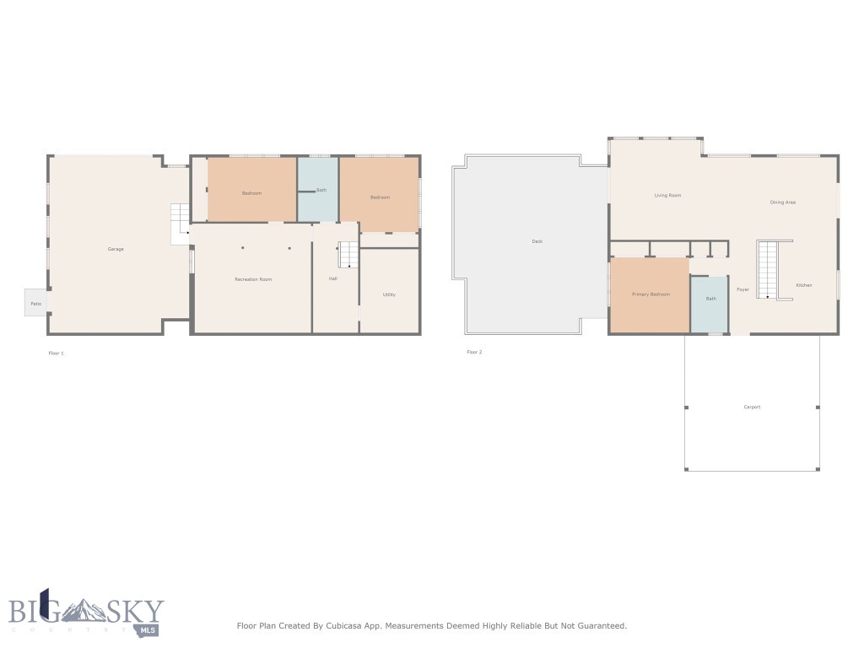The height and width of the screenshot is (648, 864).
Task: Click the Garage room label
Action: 116,249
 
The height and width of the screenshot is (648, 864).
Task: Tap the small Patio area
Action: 36,303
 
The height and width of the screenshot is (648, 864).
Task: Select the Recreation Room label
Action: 253,279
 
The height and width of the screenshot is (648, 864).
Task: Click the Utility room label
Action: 389,294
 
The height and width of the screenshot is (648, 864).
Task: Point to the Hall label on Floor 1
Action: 333,278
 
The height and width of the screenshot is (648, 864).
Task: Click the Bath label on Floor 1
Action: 321,190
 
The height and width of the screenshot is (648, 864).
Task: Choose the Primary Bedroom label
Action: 651,294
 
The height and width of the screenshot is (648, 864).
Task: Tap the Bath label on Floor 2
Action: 711,299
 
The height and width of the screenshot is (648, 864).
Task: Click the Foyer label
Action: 742,289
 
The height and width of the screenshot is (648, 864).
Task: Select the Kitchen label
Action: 804,285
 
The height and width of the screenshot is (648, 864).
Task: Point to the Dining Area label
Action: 782,202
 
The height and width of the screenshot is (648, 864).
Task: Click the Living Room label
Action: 667,196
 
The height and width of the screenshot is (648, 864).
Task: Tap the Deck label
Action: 537,241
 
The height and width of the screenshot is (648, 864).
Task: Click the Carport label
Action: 752,407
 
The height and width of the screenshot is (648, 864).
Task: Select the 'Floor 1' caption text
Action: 56,353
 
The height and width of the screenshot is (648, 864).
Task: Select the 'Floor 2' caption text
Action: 474,352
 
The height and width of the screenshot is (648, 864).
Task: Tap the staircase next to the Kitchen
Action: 767,269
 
